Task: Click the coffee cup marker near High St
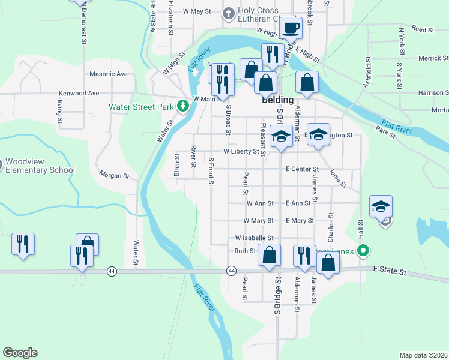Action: (292, 28)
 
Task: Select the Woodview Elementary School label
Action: (40, 166)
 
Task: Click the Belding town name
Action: (277, 100)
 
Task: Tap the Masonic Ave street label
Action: (109, 74)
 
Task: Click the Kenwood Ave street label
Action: (79, 94)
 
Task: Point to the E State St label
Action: (390, 272)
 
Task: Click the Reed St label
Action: (423, 29)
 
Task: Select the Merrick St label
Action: (433, 58)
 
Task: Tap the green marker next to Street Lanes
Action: (363, 251)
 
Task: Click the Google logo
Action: (20, 352)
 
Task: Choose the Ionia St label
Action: (338, 178)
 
